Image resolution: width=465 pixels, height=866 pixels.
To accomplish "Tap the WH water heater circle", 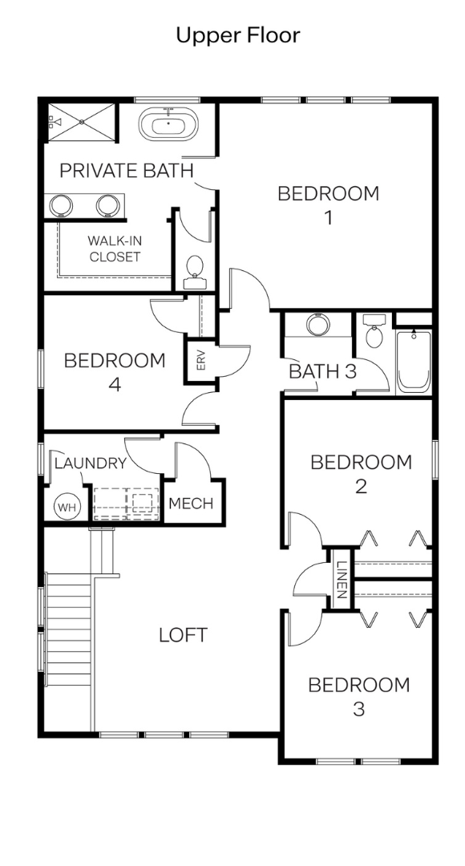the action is [67, 507].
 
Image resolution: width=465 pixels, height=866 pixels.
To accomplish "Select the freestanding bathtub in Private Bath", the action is [168, 124].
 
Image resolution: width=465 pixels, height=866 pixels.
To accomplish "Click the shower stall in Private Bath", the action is [82, 122].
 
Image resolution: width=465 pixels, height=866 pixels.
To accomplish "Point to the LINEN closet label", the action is [342, 580].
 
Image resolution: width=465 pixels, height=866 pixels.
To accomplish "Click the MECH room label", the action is [191, 504].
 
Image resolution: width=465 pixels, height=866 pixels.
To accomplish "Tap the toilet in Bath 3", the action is [374, 330].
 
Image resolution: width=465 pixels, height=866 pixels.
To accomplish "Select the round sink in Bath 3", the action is [318, 325].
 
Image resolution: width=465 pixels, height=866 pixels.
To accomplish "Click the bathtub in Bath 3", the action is [414, 362].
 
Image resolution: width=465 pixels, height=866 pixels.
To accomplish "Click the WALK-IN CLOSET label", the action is [115, 249].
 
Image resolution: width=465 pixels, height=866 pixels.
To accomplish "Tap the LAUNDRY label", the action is [91, 463].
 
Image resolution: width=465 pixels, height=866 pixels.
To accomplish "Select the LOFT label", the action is [184, 635].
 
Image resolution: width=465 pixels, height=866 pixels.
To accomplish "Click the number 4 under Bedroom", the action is [115, 384].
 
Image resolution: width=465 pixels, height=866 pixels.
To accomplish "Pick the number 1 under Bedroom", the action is [328, 217].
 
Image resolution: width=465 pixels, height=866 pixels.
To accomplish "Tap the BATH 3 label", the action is [323, 372].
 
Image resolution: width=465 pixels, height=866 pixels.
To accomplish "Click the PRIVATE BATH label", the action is [127, 171].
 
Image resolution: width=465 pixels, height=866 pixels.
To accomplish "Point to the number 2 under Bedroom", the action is [361, 487].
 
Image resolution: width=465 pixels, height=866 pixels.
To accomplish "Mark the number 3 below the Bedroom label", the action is [359, 709].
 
